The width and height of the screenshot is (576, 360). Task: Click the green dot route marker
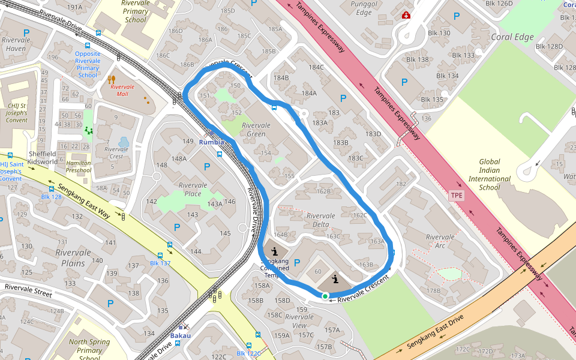point(325,296)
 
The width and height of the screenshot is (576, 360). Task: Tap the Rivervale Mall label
point(122,89)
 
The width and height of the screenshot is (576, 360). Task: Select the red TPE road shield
point(457,196)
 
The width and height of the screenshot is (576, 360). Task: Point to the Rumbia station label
point(211,142)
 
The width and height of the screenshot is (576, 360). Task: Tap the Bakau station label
point(180,335)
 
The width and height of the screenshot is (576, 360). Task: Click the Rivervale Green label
point(256,130)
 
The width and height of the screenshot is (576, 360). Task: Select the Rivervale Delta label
point(320,220)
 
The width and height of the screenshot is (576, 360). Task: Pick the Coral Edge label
point(512,37)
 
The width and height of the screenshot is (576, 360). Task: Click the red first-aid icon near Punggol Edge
point(406,15)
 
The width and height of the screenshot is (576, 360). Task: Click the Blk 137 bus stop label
point(160,263)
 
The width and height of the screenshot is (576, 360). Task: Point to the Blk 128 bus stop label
point(52,197)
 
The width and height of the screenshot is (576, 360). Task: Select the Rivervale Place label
point(193,189)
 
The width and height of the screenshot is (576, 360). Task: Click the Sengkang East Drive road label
point(435,332)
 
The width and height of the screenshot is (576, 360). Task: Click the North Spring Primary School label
point(89,350)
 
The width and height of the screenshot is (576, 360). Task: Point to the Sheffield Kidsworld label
point(43,158)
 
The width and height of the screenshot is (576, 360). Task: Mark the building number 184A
point(309,93)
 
